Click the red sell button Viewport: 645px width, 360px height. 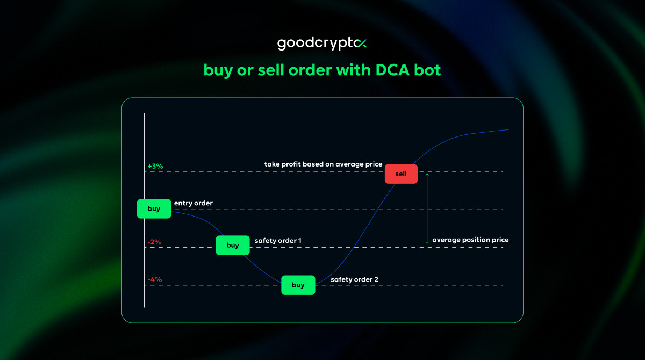pos(401,174)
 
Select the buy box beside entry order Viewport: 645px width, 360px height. pos(154,208)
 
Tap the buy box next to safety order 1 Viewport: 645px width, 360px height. pos(233,245)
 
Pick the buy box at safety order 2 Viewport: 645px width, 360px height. pos(298,285)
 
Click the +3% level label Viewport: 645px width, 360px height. pos(155,167)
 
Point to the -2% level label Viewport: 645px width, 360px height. pos(154,242)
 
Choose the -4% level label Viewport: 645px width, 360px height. pos(154,279)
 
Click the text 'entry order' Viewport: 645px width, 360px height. pos(193,203)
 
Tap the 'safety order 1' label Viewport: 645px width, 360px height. pos(278,241)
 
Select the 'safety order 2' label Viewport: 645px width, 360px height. pos(354,279)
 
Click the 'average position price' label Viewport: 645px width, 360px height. pos(470,240)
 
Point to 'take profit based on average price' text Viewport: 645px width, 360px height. pos(323,164)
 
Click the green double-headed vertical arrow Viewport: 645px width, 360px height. pos(427,208)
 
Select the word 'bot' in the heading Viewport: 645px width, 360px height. pos(427,70)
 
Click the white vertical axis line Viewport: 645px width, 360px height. pos(144,258)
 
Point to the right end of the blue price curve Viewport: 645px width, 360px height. pos(507,129)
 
